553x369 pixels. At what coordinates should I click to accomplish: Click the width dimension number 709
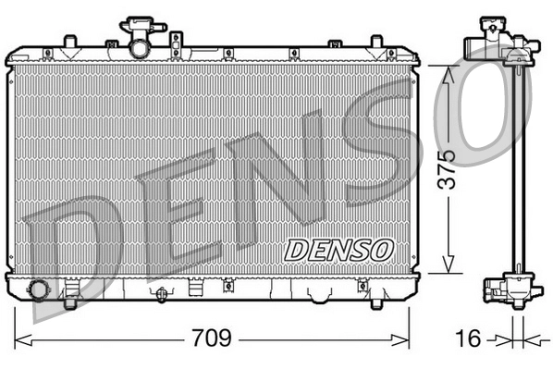click(x=211, y=338)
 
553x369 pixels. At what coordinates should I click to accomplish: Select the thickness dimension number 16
click(x=470, y=338)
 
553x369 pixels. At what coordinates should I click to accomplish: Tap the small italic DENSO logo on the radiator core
click(x=338, y=248)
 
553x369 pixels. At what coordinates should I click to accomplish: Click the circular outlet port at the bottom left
click(x=39, y=289)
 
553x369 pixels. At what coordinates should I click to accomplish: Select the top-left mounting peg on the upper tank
click(x=70, y=43)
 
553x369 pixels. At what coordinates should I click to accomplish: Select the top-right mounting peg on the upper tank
click(x=375, y=43)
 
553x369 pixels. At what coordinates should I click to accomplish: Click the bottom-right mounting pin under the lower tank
click(x=377, y=298)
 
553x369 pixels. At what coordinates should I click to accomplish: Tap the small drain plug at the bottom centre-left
click(x=162, y=294)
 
